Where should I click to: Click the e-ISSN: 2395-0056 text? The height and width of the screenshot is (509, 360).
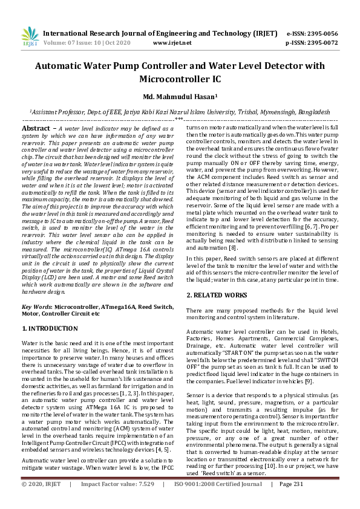point(320,33)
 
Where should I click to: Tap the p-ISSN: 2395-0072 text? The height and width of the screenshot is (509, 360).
point(320,43)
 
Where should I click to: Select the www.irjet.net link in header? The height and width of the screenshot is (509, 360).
point(172,43)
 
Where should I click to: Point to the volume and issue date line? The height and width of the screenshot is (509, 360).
point(84,43)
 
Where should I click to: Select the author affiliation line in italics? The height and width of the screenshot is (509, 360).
point(180,112)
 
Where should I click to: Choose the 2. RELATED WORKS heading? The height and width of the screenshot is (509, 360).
point(217,295)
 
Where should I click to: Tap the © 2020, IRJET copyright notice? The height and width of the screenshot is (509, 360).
point(42,501)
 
